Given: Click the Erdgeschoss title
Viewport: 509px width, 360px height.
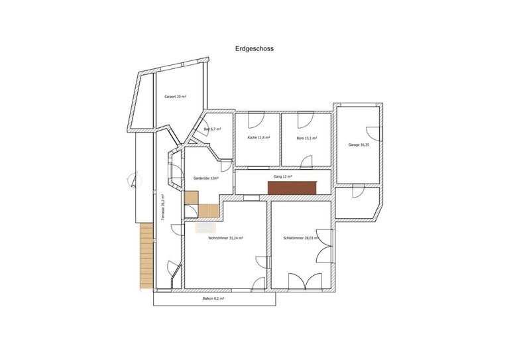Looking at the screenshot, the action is tap(254, 48).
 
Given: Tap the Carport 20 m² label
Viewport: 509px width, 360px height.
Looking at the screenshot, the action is tap(175, 97).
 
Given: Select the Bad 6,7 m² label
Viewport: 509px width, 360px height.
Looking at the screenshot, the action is tap(212, 129).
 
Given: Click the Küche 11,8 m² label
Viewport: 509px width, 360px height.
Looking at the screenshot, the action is tap(258, 137).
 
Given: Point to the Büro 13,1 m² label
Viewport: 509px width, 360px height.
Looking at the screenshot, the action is tap(307, 138).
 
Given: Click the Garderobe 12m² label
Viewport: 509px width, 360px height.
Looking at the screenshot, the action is tap(206, 178).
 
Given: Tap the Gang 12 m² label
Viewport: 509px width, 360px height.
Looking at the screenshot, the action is tap(283, 176).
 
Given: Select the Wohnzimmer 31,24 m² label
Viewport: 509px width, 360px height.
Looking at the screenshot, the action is tap(225, 238).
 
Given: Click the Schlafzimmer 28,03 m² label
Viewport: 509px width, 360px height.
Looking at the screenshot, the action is tap(301, 238).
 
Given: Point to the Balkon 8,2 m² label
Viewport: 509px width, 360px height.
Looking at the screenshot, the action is tap(213, 298).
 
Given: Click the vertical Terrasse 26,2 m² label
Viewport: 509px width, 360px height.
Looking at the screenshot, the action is tap(163, 208).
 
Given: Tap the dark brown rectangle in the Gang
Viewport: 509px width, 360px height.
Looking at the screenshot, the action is tap(292, 188).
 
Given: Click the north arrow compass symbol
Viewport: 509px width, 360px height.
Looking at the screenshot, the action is tap(135, 180).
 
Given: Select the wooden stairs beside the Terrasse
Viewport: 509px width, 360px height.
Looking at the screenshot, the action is tap(146, 255).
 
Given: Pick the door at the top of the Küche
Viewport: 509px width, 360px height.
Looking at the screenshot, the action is tap(256, 120).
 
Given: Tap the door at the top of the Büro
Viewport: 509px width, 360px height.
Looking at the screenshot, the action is tap(306, 120).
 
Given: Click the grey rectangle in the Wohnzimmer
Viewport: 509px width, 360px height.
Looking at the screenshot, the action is tap(207, 227).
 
